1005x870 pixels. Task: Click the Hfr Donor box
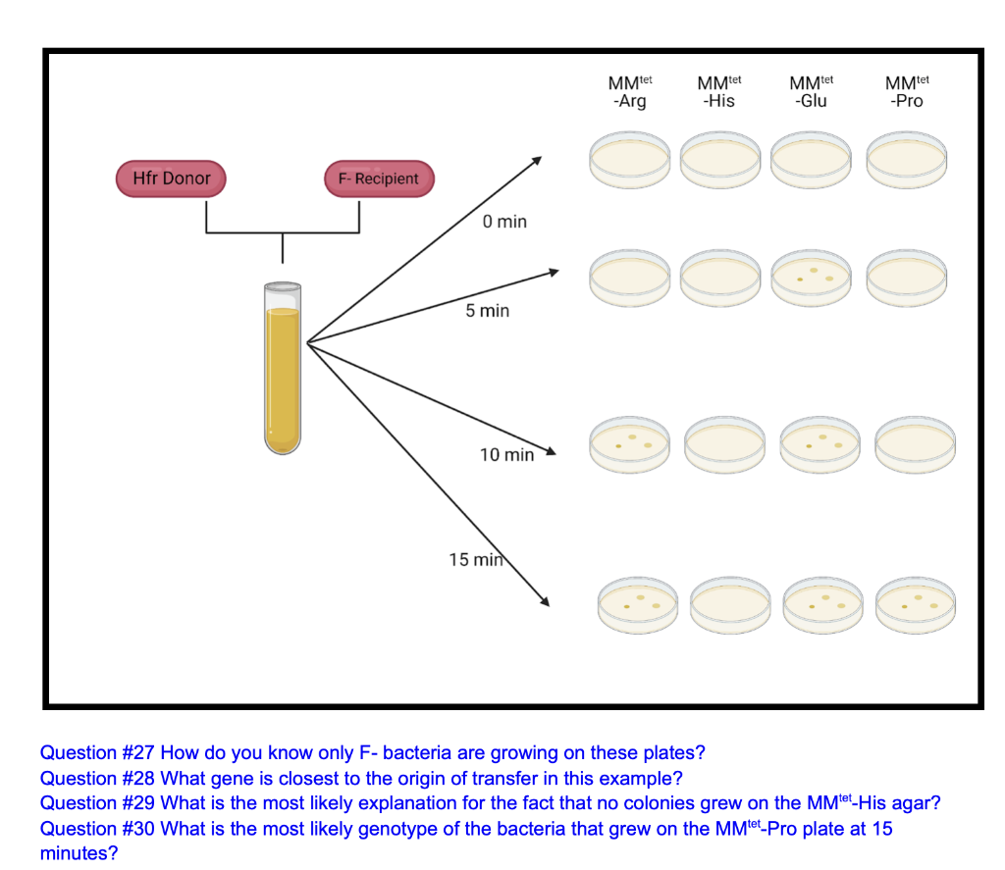[x=172, y=179]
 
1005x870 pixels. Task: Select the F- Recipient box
[x=378, y=179]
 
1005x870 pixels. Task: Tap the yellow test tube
[x=283, y=368]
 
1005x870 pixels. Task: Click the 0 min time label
[x=504, y=222]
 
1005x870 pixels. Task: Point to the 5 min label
[x=487, y=311]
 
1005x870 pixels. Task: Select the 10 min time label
[x=506, y=455]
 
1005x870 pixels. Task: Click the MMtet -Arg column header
[x=630, y=91]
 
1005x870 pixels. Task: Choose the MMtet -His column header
[x=719, y=91]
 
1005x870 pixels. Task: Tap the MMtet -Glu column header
[x=811, y=91]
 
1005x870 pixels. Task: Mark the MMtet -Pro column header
[x=905, y=91]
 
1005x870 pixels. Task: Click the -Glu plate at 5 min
[x=813, y=278]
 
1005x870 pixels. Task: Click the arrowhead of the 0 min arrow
[x=537, y=159]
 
